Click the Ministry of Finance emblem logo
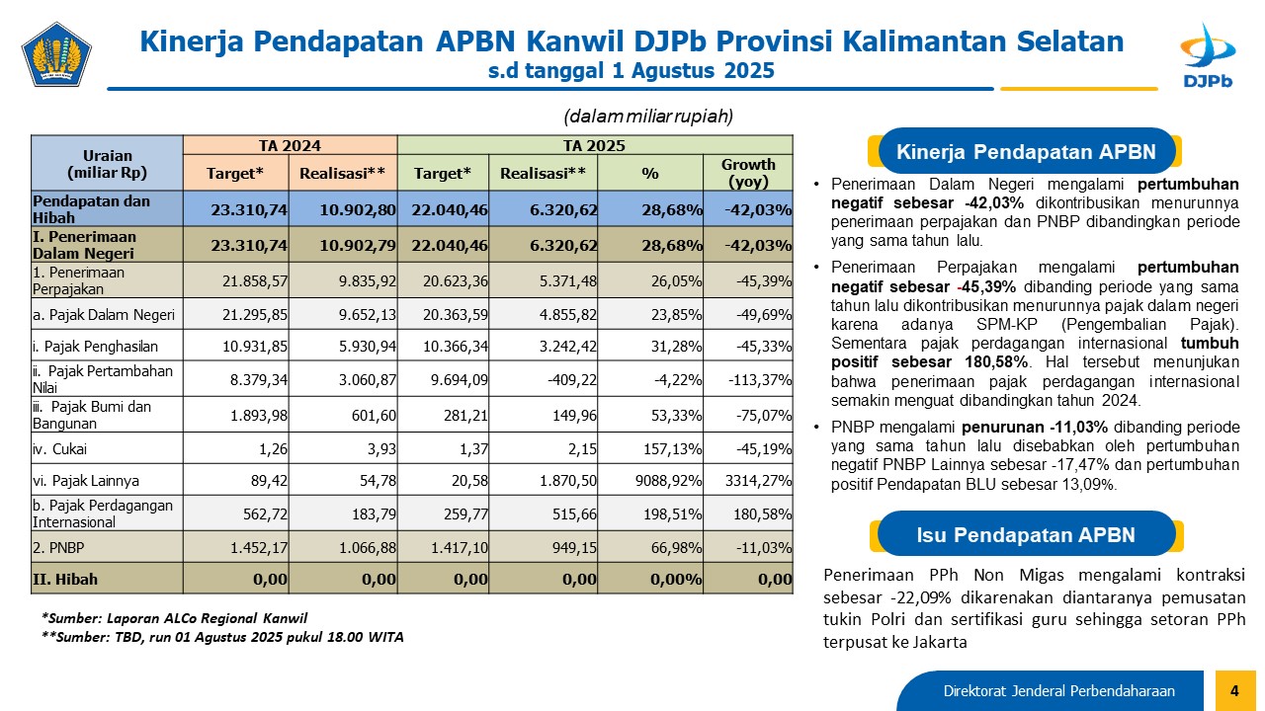pyautogui.click(x=56, y=54)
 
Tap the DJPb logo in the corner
pyautogui.click(x=1208, y=55)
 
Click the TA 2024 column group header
pyautogui.click(x=290, y=145)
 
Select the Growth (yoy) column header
pyautogui.click(x=748, y=173)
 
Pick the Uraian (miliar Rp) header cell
pyautogui.click(x=108, y=164)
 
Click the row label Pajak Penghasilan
pyautogui.click(x=96, y=346)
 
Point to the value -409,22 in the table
pyautogui.click(x=572, y=380)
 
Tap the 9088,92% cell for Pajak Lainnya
pyautogui.click(x=669, y=481)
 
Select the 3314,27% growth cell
pyautogui.click(x=758, y=481)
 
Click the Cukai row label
pyautogui.click(x=60, y=449)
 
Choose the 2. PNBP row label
pyautogui.click(x=58, y=547)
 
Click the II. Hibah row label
pyautogui.click(x=65, y=579)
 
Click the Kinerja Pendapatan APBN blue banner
pyautogui.click(x=1026, y=151)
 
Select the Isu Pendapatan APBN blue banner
pyautogui.click(x=1026, y=534)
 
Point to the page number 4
pyautogui.click(x=1234, y=690)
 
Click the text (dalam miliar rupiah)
pyautogui.click(x=648, y=117)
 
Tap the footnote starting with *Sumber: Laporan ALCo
pyautogui.click(x=175, y=618)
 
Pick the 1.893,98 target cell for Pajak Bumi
pyautogui.click(x=259, y=416)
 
